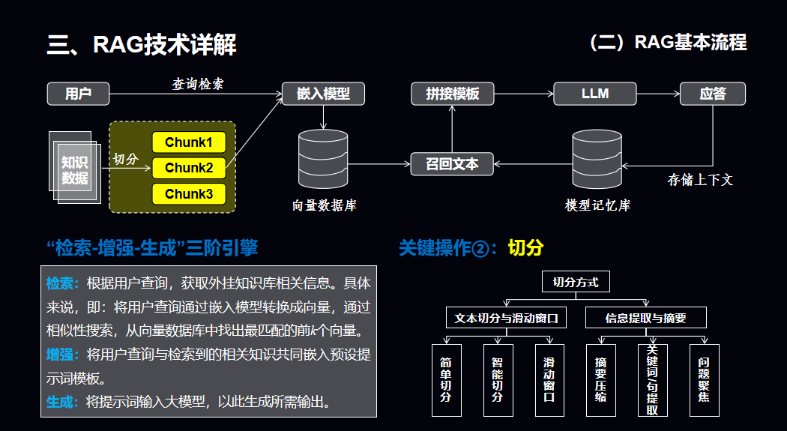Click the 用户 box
point(79,94)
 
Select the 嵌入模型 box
point(323,94)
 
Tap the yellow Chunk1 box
point(189,142)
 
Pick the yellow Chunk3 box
point(189,194)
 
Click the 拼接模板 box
point(452,94)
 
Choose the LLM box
point(595,94)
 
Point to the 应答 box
point(713,94)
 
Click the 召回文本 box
point(452,163)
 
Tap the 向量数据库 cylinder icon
point(323,161)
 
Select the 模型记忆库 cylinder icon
point(597,161)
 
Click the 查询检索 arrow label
point(198,84)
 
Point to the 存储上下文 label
point(700,180)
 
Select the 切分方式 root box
point(576,282)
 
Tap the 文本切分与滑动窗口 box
point(507,318)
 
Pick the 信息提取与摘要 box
point(645,318)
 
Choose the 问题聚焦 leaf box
point(704,380)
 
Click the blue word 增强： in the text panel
point(62,354)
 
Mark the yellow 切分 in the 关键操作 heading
point(525,248)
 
